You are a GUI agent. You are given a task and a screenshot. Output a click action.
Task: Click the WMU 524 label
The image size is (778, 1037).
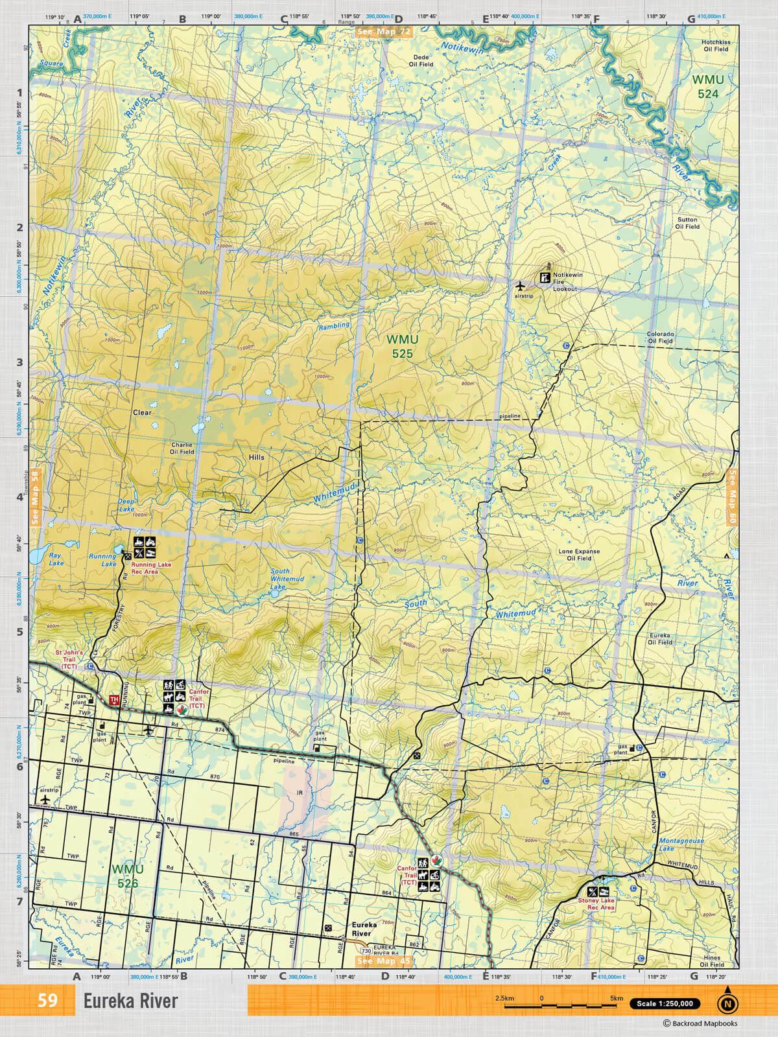pyautogui.click(x=707, y=87)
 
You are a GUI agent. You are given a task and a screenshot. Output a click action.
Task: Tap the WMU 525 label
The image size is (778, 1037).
pyautogui.click(x=402, y=346)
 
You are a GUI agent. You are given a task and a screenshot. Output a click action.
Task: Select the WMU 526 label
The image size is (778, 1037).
pyautogui.click(x=127, y=876)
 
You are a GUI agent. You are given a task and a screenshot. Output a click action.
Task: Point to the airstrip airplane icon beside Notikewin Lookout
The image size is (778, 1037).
pyautogui.click(x=520, y=285)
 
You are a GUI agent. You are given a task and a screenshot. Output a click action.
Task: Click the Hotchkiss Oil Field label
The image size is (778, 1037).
pyautogui.click(x=716, y=45)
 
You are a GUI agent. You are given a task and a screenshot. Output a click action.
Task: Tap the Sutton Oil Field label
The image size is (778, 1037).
pyautogui.click(x=687, y=223)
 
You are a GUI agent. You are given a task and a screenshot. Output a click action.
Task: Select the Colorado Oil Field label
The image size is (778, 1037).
pyautogui.click(x=660, y=337)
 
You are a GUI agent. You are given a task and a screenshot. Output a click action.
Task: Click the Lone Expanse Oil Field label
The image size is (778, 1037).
pyautogui.click(x=579, y=555)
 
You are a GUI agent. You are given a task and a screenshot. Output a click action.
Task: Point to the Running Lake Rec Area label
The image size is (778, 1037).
pyautogui.click(x=151, y=568)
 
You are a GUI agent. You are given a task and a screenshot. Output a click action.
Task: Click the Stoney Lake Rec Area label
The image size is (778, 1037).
pyautogui.click(x=596, y=904)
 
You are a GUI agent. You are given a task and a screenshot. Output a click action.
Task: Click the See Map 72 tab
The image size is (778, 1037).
pyautogui.click(x=384, y=31)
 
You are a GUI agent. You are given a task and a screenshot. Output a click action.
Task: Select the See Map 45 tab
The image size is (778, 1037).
pyautogui.click(x=384, y=961)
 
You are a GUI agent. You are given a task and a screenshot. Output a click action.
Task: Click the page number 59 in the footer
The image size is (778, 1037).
pyautogui.click(x=47, y=1000)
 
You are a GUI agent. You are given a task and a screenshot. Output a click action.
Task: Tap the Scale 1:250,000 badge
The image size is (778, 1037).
pyautogui.click(x=665, y=1003)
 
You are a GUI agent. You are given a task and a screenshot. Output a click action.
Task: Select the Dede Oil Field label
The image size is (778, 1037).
pyautogui.click(x=421, y=61)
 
